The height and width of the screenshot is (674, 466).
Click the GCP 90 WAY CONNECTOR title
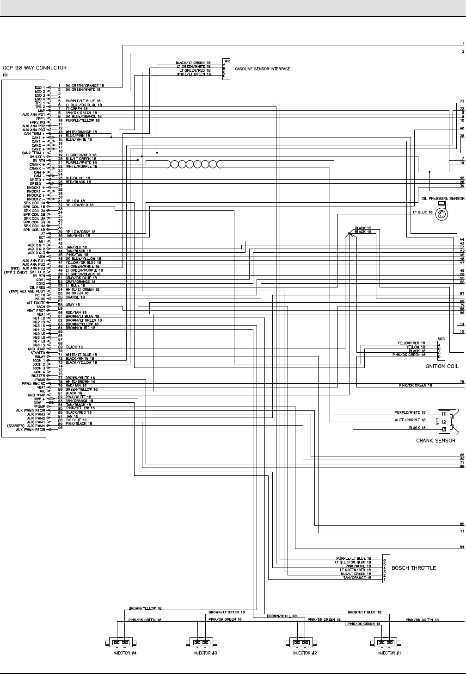pyautogui.click(x=35, y=68)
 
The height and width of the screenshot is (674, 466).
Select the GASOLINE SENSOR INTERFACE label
pyautogui.click(x=262, y=69)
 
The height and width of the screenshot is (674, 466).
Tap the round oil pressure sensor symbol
pyautogui.click(x=442, y=214)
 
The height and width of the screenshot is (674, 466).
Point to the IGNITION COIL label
pyautogui.click(x=441, y=366)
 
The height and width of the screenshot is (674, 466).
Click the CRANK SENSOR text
pyautogui.click(x=435, y=440)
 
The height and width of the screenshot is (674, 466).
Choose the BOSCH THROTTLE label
pyautogui.click(x=413, y=568)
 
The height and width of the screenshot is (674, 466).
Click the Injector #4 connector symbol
pyautogui.click(x=121, y=643)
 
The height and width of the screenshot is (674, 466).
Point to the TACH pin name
pyautogui.click(x=40, y=306)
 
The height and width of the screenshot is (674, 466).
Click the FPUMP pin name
pyautogui.click(x=39, y=406)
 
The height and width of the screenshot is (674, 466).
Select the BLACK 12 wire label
pyautogui.click(x=363, y=228)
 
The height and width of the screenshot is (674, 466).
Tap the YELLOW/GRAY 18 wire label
pyautogui.click(x=80, y=231)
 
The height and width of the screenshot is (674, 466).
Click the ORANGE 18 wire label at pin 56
pyautogui.click(x=75, y=297)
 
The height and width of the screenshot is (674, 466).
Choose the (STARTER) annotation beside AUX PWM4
pyautogui.click(x=16, y=425)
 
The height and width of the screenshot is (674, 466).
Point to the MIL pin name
pyautogui.click(x=42, y=391)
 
